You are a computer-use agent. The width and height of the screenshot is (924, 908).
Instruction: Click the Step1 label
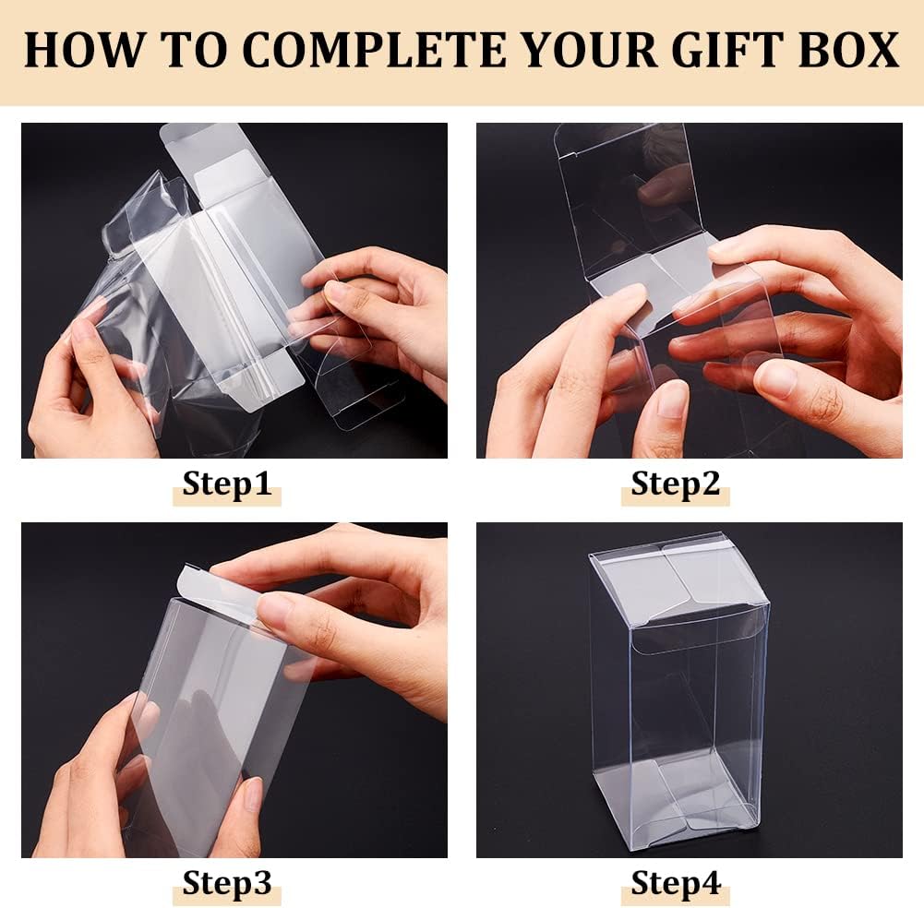click(x=227, y=484)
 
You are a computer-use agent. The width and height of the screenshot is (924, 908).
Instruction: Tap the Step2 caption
click(x=675, y=484)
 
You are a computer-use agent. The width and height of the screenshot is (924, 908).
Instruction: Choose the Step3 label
click(x=227, y=883)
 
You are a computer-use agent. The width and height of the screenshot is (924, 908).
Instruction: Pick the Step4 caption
click(x=675, y=883)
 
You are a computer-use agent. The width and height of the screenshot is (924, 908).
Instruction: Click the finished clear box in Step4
click(x=680, y=701)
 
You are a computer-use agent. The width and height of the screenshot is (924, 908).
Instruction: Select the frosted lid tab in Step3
click(x=222, y=591)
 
